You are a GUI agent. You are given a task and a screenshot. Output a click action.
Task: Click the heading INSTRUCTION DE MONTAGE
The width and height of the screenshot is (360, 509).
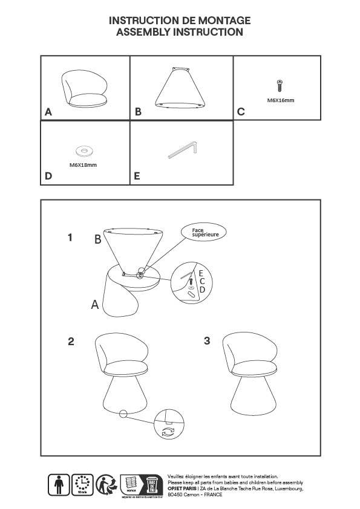tap(180, 21)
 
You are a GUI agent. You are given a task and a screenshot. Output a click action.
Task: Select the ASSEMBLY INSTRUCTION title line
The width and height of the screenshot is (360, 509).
tap(180, 32)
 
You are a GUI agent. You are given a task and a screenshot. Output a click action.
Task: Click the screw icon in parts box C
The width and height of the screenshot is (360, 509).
tap(280, 85)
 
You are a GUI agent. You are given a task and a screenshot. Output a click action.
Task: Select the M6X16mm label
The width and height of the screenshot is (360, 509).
tap(280, 100)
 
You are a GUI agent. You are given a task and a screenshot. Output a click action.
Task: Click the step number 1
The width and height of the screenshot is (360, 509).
tap(70, 238)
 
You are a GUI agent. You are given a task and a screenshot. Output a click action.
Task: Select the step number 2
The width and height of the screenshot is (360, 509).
tap(71, 342)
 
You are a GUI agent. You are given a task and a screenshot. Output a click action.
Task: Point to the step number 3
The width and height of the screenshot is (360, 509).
tap(207, 341)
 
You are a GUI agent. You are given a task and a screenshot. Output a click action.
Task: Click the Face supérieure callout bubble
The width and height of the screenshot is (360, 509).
tap(205, 232)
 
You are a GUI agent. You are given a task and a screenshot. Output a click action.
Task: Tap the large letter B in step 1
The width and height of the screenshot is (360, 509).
tap(97, 239)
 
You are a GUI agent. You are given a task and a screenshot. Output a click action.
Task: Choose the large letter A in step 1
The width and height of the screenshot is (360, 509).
tap(95, 305)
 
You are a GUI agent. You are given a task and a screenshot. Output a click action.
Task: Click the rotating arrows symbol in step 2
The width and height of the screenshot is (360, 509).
tap(167, 432)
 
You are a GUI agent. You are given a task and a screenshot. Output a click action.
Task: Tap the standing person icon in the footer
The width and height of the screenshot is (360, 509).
tap(59, 485)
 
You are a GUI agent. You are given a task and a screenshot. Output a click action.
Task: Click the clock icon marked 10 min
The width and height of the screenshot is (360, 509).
tap(82, 483)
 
